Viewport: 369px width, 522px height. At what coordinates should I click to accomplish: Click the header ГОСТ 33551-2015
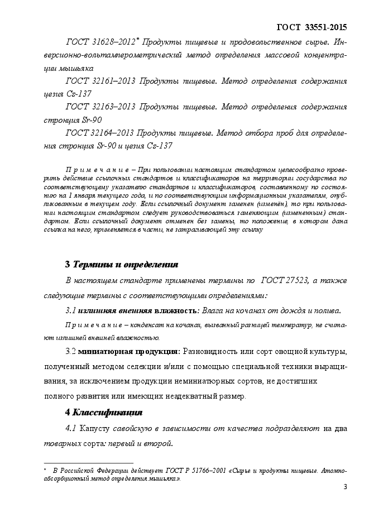coord(312,26)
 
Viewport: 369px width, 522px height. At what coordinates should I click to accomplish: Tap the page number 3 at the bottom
coord(345,487)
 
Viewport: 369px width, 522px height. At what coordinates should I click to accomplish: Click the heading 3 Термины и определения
coord(122,264)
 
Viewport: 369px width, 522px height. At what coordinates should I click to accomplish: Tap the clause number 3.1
coord(70,310)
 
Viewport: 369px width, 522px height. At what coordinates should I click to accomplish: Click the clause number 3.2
coord(71,352)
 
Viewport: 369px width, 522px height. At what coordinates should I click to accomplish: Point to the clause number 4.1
coord(71,429)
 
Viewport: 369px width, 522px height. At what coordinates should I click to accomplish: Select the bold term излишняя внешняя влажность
coord(136,310)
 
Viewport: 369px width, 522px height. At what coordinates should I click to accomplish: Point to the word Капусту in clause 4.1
coord(95,429)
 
